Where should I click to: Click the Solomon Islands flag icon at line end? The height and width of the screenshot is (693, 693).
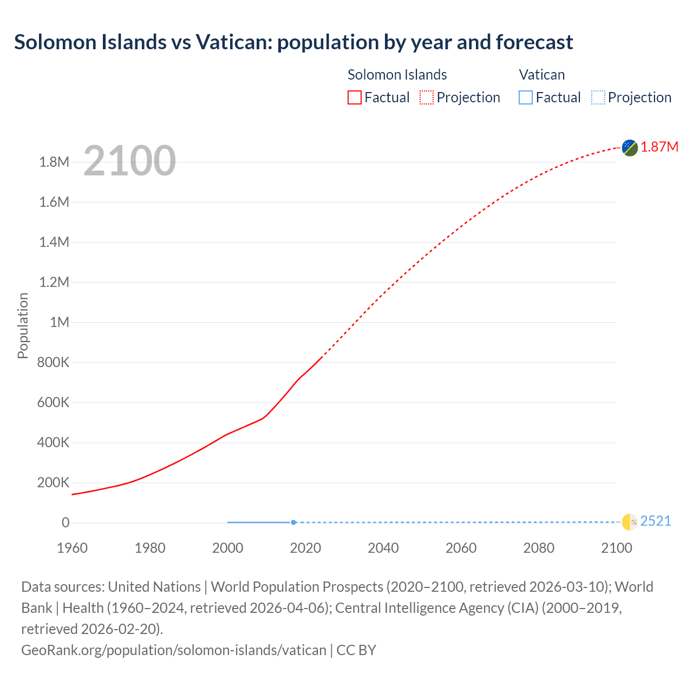(x=630, y=147)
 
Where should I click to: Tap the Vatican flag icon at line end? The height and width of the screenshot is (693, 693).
(x=630, y=522)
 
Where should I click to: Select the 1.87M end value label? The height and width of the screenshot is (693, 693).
(x=659, y=147)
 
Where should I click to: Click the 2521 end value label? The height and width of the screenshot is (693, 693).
(x=656, y=521)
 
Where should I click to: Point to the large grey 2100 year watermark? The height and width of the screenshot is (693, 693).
(x=129, y=161)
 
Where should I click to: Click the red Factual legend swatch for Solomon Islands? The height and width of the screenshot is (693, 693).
(x=355, y=97)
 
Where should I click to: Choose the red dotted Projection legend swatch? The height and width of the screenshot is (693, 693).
(x=427, y=97)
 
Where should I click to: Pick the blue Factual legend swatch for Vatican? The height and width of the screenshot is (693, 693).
(x=526, y=97)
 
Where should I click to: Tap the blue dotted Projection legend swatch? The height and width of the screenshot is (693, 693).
(x=598, y=97)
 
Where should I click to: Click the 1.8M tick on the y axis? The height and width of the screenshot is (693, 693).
(x=54, y=162)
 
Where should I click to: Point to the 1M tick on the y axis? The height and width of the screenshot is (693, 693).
(x=60, y=322)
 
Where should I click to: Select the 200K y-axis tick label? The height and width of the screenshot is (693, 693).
(x=53, y=482)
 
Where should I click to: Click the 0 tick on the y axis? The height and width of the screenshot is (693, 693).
(x=66, y=522)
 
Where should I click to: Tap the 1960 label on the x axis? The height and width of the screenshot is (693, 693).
(x=72, y=548)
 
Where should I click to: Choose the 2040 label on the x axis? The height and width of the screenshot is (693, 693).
(x=383, y=548)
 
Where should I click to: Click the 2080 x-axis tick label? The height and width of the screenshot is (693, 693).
(x=539, y=548)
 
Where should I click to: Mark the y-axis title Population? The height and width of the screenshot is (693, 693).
(x=23, y=325)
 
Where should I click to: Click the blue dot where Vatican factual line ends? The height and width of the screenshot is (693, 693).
(x=293, y=522)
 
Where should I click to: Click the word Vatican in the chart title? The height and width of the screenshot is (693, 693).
(x=234, y=42)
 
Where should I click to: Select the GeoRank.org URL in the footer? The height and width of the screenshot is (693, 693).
(x=173, y=650)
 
